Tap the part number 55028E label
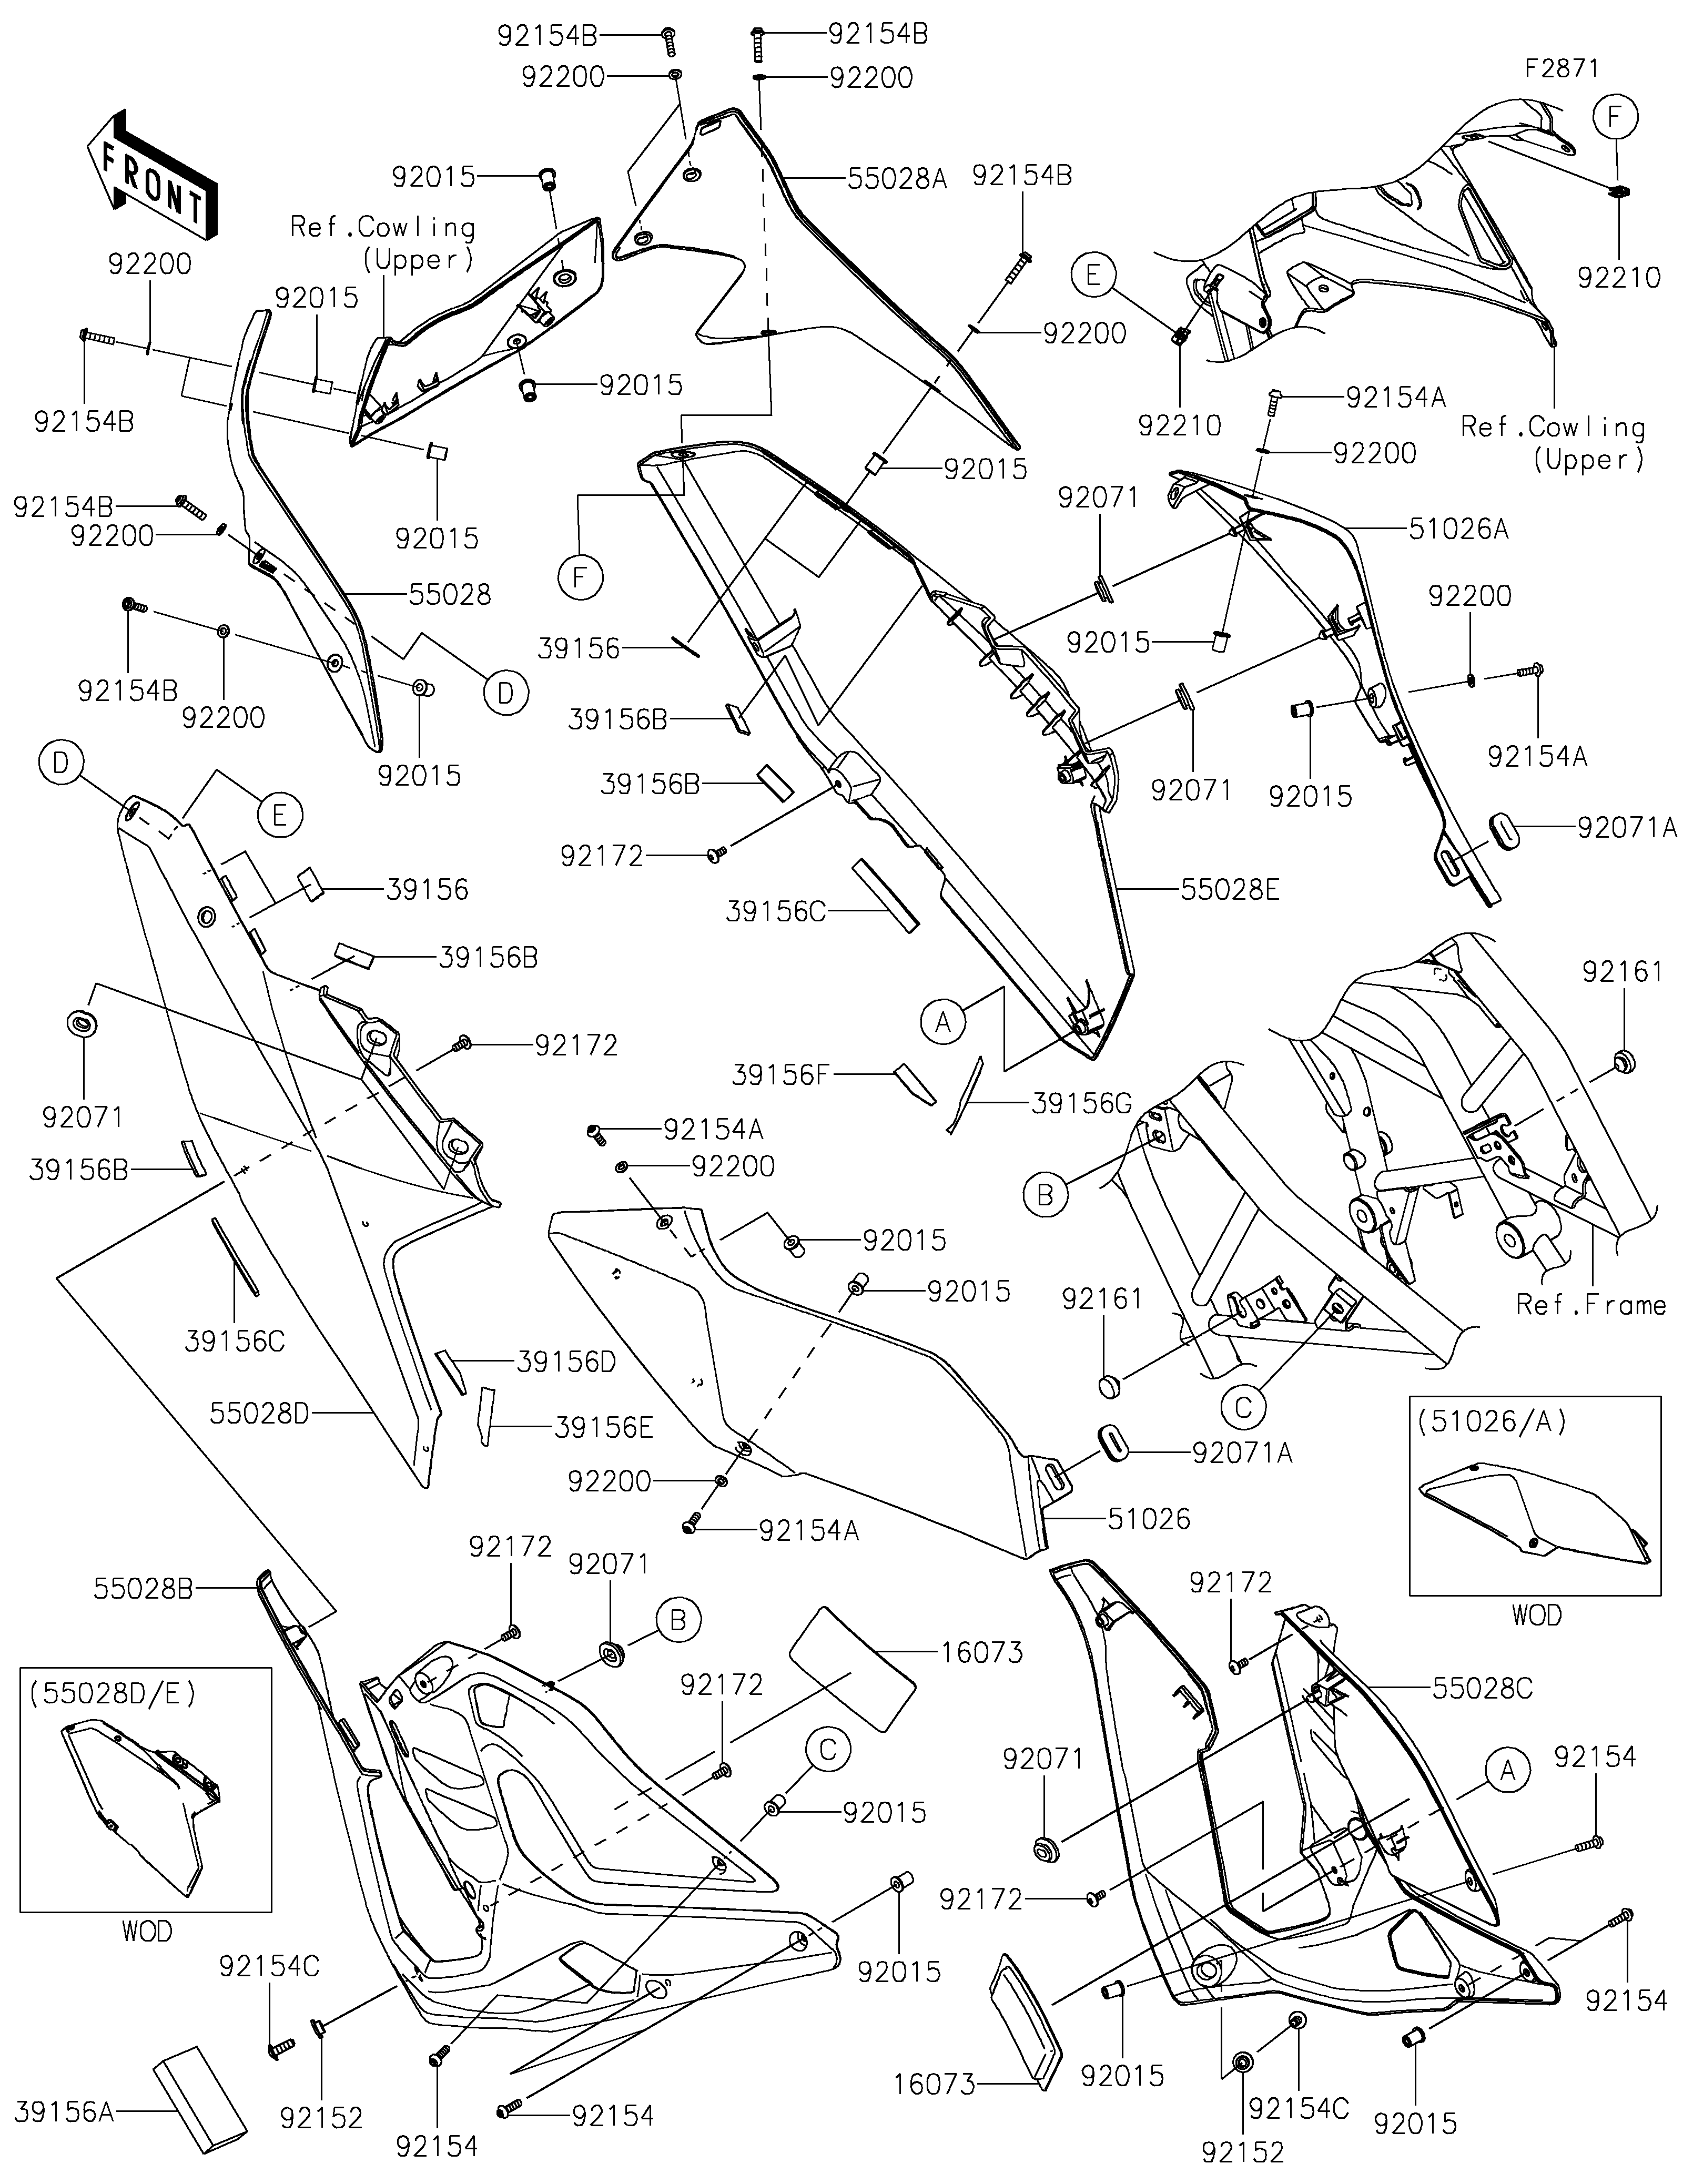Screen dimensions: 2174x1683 coord(1230,889)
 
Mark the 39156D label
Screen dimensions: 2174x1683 coord(566,1361)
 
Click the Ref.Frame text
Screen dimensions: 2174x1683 coord(1590,1304)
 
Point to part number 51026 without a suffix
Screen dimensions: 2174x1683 coord(1150,1518)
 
